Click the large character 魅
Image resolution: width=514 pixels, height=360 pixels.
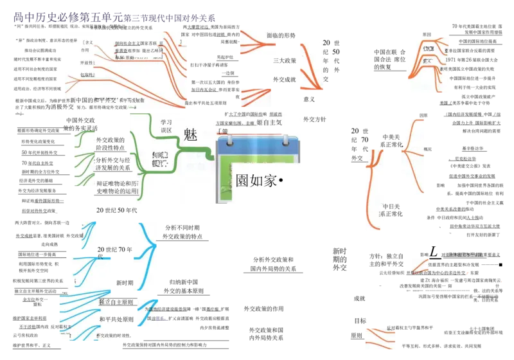pos(190,134)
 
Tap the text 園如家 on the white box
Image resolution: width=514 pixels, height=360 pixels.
pos(256,181)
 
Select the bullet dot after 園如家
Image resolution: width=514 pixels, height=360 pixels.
pos(281,181)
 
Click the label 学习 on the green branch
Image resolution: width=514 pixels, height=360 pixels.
pos(166,122)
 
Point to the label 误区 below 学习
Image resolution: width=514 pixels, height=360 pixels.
pos(166,130)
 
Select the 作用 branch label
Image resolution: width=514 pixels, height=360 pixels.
pos(85,50)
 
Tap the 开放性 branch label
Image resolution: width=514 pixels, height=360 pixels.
pos(87,62)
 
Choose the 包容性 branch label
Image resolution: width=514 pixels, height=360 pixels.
pos(87,75)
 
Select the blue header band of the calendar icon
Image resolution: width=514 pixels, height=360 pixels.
pos(258,146)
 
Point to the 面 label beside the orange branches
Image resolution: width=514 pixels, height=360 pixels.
pos(271,35)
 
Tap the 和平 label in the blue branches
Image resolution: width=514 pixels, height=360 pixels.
pos(105,319)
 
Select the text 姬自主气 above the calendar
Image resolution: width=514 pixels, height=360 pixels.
pos(270,122)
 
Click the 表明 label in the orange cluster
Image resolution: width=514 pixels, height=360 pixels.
pos(443,69)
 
